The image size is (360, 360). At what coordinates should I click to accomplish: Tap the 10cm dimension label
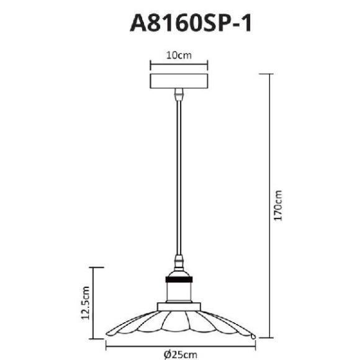pyautogui.click(x=179, y=55)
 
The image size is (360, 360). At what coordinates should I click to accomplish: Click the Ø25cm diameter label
pyautogui.click(x=180, y=354)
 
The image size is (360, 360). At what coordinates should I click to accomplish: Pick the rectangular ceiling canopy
pyautogui.click(x=179, y=81)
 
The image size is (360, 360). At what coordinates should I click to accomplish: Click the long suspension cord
pyautogui.click(x=179, y=174)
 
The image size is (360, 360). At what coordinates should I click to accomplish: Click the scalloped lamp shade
pyautogui.click(x=179, y=323)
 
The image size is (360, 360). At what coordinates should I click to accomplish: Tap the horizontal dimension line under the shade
pyautogui.click(x=180, y=345)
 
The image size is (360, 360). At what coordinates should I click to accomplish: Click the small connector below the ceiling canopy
pyautogui.click(x=179, y=94)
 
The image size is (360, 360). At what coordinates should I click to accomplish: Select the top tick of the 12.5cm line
pyautogui.click(x=95, y=268)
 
